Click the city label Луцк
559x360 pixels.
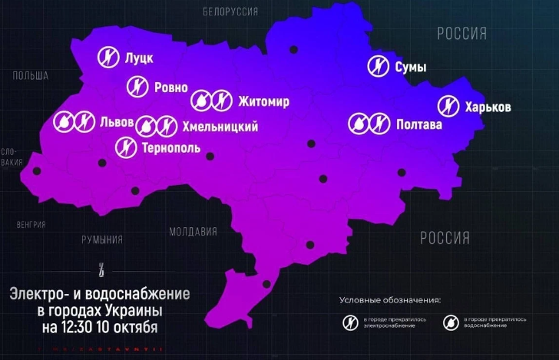140,58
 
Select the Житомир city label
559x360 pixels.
263,101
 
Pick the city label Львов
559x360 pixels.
117,122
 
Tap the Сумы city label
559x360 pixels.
410,68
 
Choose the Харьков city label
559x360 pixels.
488,107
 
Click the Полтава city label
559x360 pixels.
419,124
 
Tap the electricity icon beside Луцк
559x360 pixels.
109,57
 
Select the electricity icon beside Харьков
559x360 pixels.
448,106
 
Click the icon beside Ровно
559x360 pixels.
137,87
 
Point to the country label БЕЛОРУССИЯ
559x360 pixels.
230,12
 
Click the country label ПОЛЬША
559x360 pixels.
31,75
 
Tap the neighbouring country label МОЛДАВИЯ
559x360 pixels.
193,231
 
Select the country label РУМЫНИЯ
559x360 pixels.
102,239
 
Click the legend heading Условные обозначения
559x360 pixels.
390,299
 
